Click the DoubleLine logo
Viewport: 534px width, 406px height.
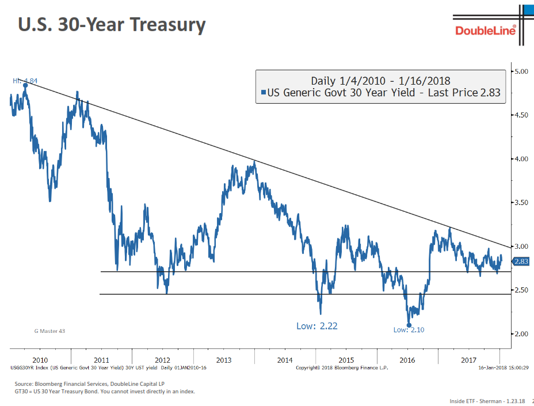click(x=485, y=29)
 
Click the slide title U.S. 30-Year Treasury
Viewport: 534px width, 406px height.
click(x=112, y=25)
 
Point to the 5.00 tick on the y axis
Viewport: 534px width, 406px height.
click(x=521, y=71)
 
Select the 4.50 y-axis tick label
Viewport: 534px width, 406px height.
click(x=521, y=115)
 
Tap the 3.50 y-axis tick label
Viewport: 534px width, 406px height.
click(x=521, y=203)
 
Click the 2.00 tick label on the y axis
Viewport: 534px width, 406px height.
click(x=521, y=334)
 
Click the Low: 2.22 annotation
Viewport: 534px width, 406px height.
click(x=316, y=326)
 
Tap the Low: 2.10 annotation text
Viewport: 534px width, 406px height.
click(x=409, y=330)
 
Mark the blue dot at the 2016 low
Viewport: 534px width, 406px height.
click(x=409, y=325)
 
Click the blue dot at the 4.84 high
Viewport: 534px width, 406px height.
click(x=25, y=85)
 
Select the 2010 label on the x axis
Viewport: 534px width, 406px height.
click(x=40, y=360)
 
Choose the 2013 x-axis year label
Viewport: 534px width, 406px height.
click(x=224, y=360)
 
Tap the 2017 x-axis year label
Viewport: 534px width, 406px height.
click(x=470, y=360)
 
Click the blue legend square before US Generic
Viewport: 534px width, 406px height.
click(x=263, y=92)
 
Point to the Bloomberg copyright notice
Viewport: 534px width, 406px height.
click(x=342, y=367)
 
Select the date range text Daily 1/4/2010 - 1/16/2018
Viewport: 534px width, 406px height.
click(x=380, y=81)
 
